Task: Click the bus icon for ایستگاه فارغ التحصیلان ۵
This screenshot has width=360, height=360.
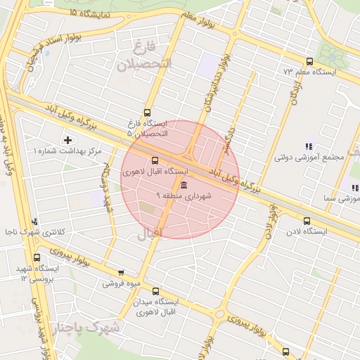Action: click(x=147, y=112)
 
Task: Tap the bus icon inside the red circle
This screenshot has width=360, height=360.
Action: click(x=155, y=160)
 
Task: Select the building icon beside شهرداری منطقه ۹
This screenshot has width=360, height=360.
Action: click(x=184, y=185)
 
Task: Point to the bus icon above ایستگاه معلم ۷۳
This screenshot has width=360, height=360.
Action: click(x=310, y=61)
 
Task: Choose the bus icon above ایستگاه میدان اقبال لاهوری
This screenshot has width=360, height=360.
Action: click(x=155, y=291)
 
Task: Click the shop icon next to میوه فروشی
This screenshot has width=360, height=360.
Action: click(x=122, y=274)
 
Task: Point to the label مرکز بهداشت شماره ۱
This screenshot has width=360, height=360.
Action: click(x=67, y=151)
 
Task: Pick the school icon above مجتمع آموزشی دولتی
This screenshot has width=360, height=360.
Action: click(x=308, y=146)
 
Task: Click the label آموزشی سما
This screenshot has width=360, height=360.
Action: click(x=340, y=199)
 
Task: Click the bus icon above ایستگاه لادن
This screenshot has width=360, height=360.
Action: click(x=307, y=221)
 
